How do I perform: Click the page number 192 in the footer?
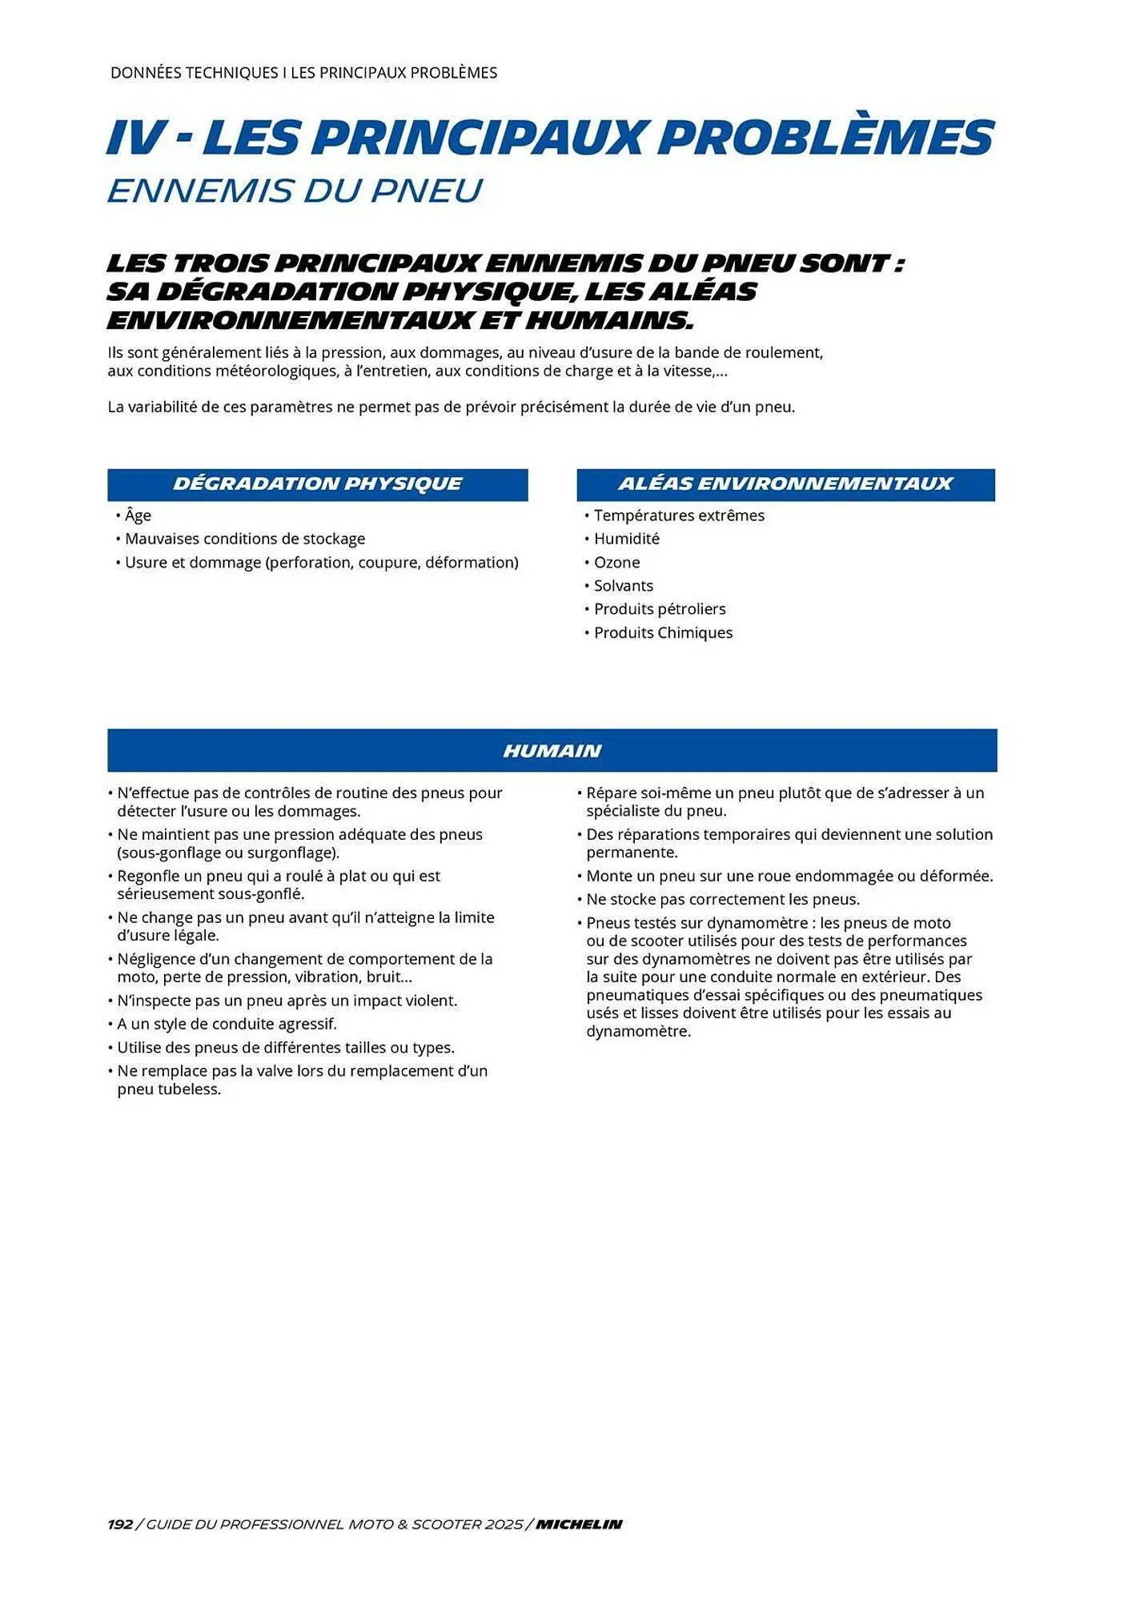pos(120,1524)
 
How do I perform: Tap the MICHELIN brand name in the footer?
pos(579,1524)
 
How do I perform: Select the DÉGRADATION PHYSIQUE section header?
pos(318,484)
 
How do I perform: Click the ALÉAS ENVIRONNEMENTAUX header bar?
pos(785,484)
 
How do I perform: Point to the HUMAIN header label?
pos(552,751)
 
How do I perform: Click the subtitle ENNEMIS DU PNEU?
pos(295,191)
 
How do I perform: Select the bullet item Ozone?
pos(616,562)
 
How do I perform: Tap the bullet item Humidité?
pos(626,539)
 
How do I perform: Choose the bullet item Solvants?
pos(623,585)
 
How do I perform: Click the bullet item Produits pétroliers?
pos(659,608)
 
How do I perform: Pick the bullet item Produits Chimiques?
pos(663,632)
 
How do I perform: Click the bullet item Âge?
pos(138,516)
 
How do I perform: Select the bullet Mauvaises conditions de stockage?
pos(244,539)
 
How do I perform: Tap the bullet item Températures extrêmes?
pos(679,516)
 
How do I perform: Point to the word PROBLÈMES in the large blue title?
pos(825,137)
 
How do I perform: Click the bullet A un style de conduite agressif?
pos(227,1024)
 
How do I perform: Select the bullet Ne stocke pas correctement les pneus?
pos(722,899)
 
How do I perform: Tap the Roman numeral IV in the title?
pos(135,137)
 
